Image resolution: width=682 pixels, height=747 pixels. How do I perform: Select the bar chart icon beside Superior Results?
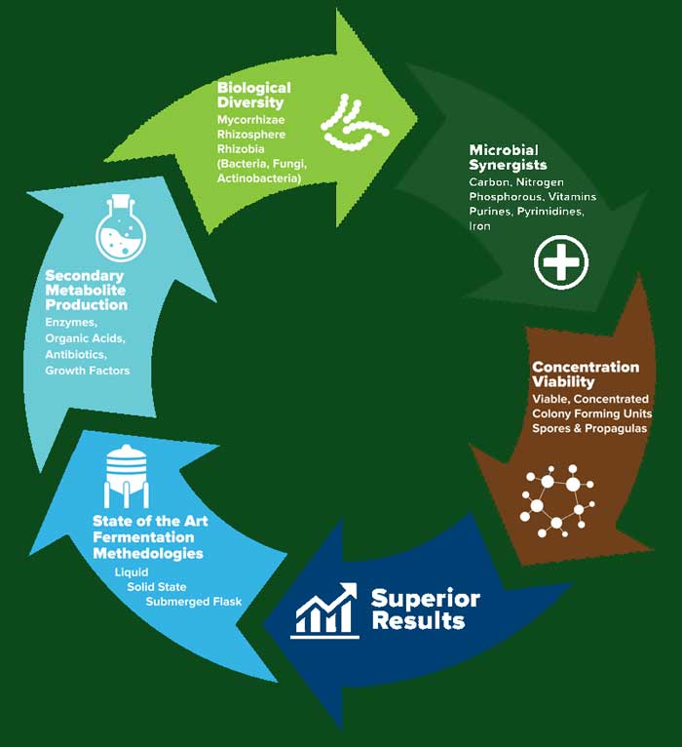pyautogui.click(x=325, y=609)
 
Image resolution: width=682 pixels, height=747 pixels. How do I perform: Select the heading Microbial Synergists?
pyautogui.click(x=508, y=157)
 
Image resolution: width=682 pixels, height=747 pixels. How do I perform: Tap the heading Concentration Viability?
pyautogui.click(x=585, y=374)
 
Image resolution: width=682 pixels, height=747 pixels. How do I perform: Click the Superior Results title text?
pyautogui.click(x=426, y=609)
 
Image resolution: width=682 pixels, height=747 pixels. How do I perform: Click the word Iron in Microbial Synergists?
pyautogui.click(x=480, y=226)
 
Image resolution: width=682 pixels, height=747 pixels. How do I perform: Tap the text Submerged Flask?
pyautogui.click(x=193, y=601)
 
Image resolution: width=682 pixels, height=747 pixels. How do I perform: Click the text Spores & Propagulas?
pyautogui.click(x=589, y=428)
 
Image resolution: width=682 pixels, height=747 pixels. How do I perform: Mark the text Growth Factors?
pyautogui.click(x=87, y=370)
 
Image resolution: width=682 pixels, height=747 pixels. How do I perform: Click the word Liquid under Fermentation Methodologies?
pyautogui.click(x=132, y=571)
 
